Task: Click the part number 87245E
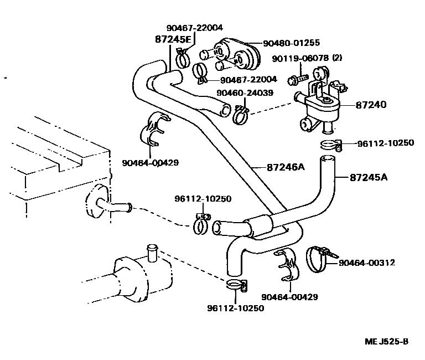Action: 173,39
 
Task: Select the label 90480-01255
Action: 292,43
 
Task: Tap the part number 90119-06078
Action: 300,58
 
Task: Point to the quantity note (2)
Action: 337,58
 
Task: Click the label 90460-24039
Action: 245,93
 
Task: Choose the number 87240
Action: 371,105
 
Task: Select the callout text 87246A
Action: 286,167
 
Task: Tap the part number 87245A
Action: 369,177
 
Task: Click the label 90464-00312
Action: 367,263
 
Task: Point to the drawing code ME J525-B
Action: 386,341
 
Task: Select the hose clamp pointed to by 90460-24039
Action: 241,115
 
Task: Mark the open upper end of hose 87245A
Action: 328,157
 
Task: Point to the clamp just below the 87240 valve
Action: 331,144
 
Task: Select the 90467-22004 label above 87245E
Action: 195,28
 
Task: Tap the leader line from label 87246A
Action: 259,168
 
